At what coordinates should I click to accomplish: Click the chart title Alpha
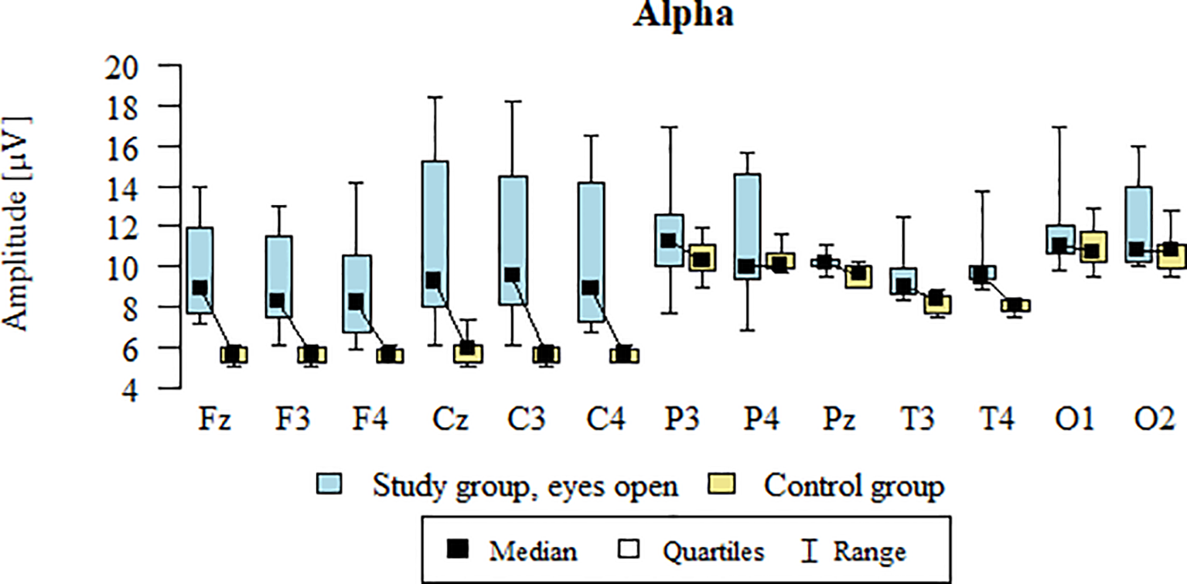683,15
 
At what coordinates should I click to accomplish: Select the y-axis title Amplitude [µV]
17,224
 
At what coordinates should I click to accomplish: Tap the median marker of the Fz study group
200,288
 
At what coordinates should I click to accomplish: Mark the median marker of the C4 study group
590,288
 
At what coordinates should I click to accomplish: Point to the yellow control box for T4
1014,306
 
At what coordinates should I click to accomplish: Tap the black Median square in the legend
459,551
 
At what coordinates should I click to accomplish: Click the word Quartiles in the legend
713,552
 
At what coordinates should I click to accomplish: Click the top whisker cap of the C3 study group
512,101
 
